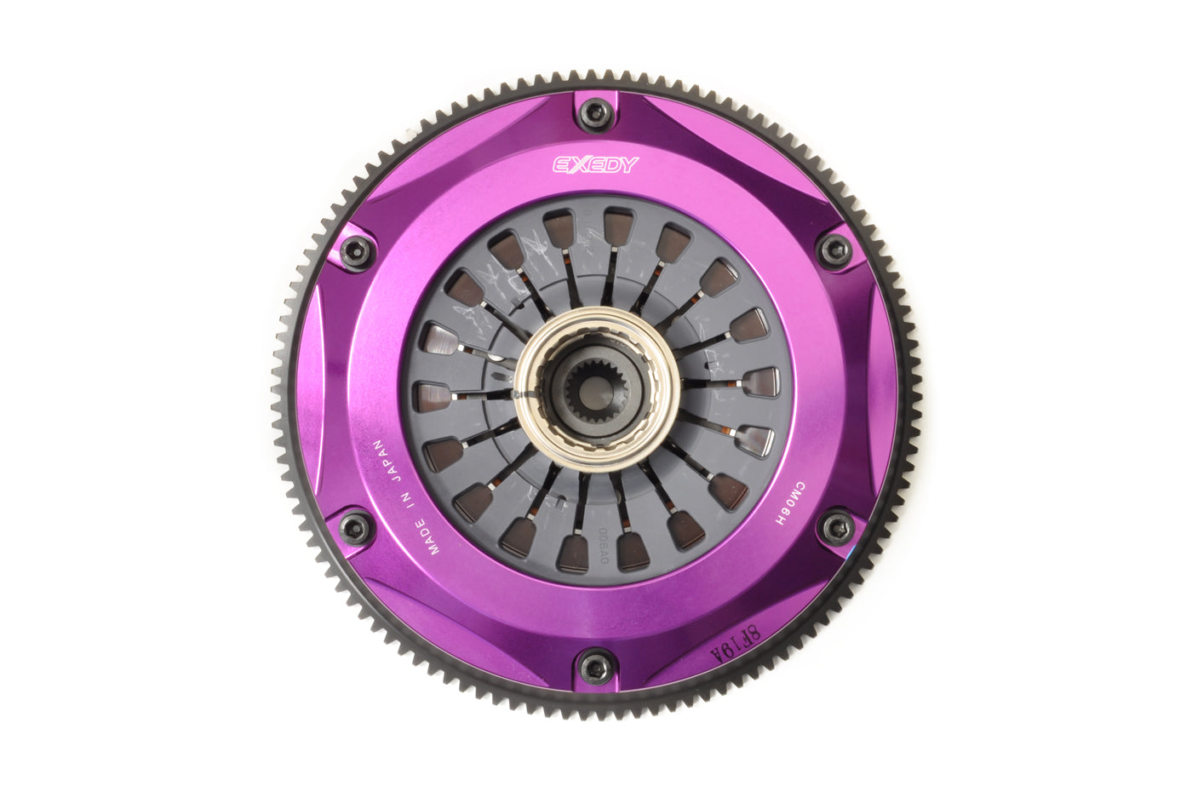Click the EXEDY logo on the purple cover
coord(595,164)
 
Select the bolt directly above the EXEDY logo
coord(595,113)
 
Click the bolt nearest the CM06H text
coord(836,527)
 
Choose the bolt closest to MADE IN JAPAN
coord(356,528)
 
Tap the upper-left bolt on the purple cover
coord(356,251)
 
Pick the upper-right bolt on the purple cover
coord(834,250)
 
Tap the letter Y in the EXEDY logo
coord(628,164)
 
